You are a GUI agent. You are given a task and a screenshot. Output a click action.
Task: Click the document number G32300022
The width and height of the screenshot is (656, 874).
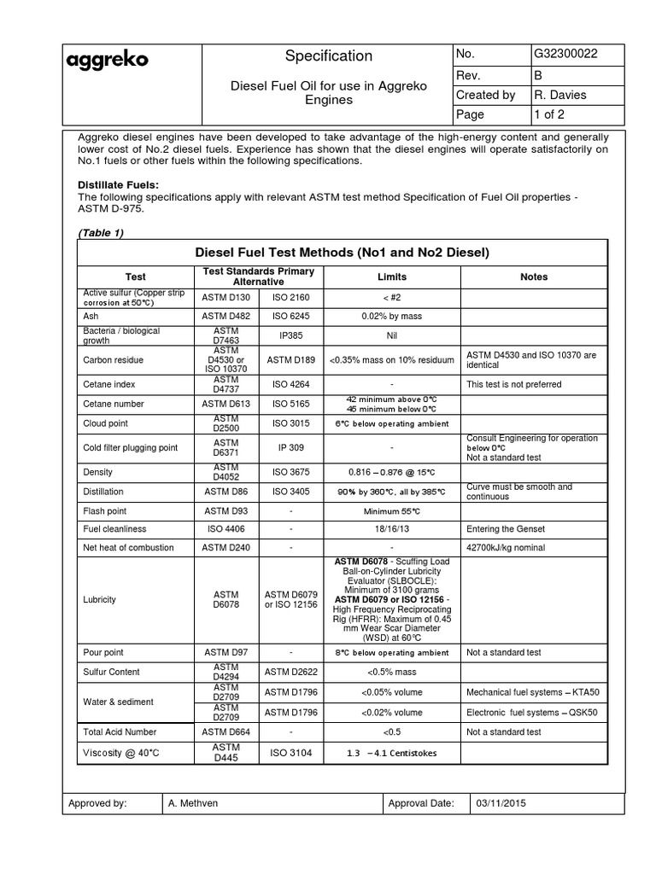point(565,54)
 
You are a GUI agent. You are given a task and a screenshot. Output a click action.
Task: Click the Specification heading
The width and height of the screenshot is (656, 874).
point(329,56)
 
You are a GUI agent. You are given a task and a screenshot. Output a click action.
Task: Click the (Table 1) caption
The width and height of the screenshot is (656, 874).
point(101,234)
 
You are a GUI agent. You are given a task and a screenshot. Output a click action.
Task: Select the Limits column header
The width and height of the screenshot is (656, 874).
point(392,277)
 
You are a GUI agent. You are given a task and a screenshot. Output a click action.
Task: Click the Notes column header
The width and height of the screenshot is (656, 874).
point(534,277)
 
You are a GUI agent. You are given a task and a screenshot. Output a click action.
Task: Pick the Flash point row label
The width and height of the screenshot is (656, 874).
point(104,511)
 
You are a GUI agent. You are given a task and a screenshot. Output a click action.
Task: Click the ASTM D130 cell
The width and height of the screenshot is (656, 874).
point(225,297)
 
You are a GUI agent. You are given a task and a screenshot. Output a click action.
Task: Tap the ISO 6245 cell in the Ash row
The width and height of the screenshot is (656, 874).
point(291,315)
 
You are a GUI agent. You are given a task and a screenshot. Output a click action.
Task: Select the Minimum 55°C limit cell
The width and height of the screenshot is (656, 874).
point(392,511)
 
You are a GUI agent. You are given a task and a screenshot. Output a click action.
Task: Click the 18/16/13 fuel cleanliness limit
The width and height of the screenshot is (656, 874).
point(392,528)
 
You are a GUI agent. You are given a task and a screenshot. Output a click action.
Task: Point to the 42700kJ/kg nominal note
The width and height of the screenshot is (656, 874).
point(506,547)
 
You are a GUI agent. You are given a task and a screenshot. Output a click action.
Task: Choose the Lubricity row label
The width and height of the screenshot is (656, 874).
point(99,599)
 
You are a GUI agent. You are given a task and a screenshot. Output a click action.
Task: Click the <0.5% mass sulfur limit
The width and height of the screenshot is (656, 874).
point(392,673)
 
